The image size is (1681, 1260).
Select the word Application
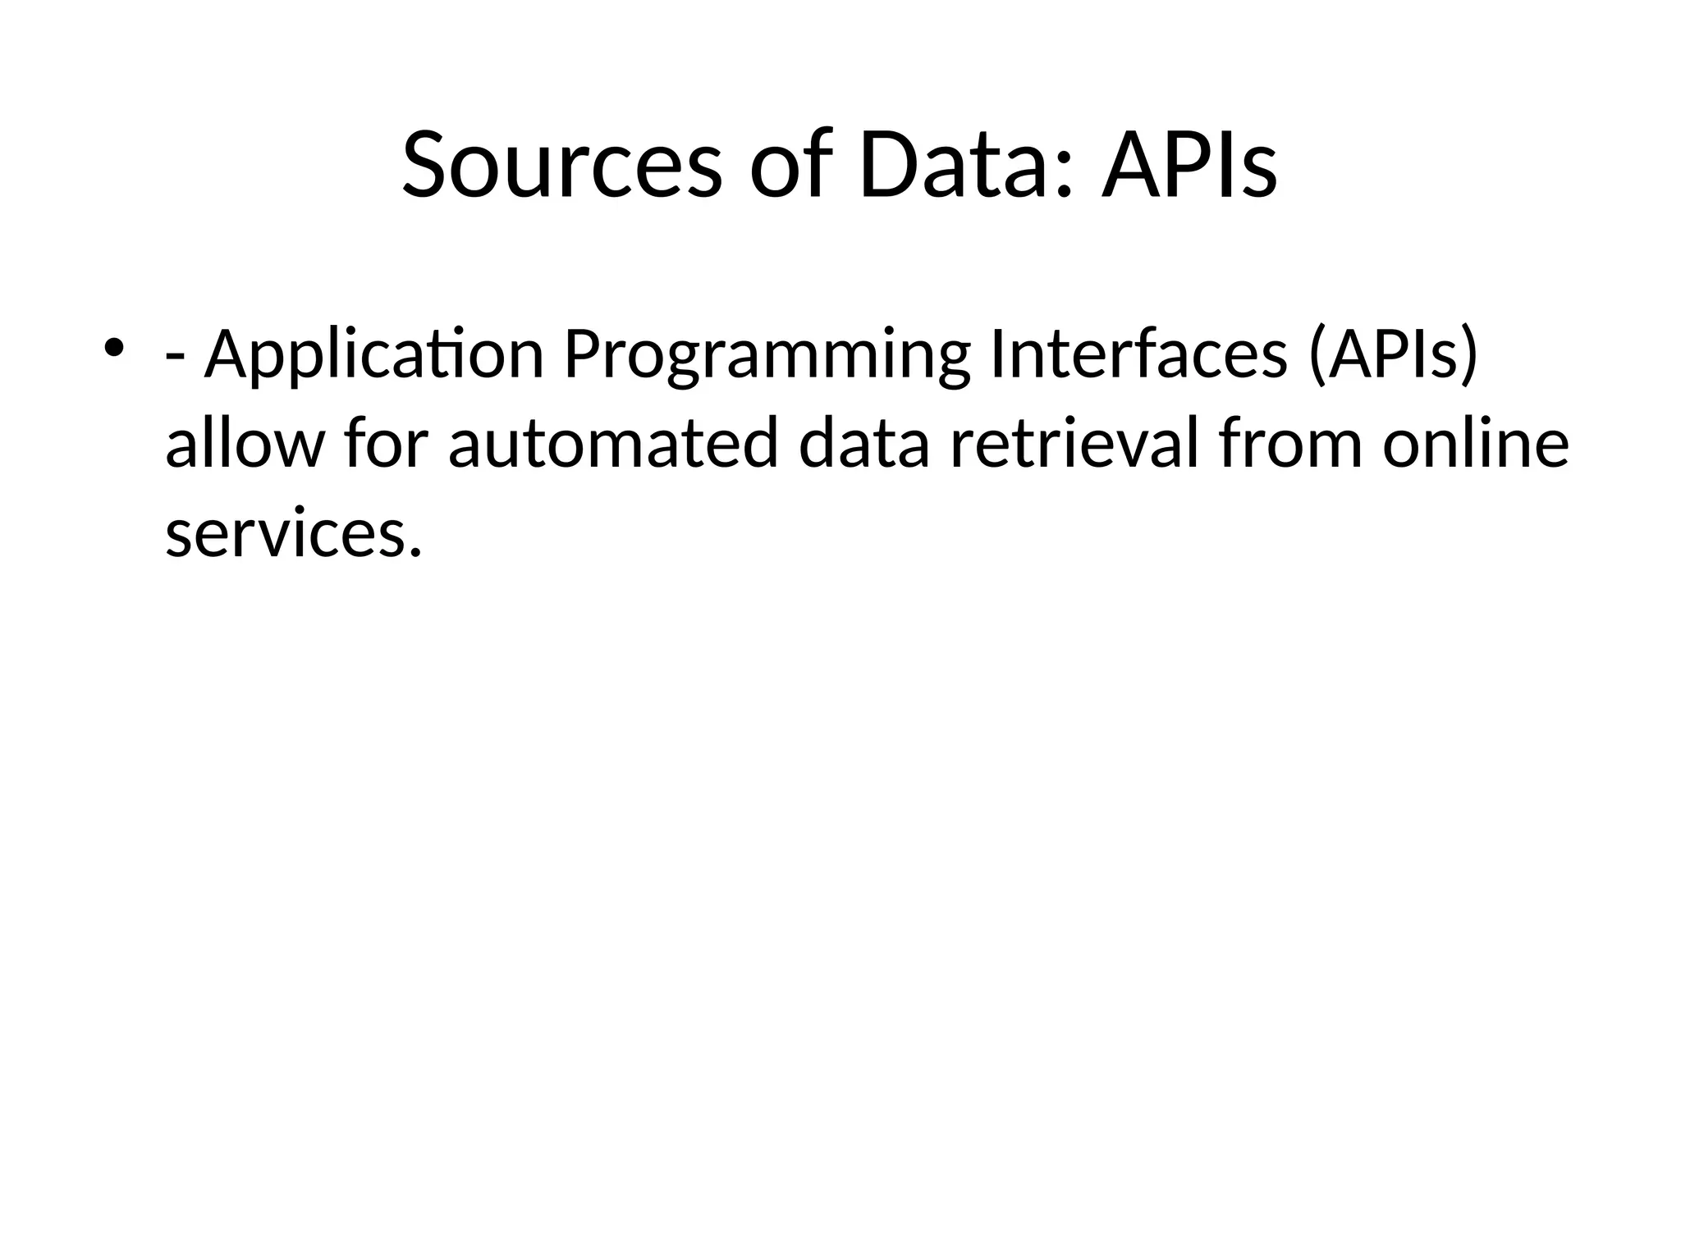374,355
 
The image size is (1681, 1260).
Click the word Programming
767,355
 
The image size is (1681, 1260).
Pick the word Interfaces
1139,354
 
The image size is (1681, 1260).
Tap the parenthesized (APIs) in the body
1393,354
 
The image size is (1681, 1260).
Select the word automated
612,444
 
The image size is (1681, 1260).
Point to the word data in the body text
864,444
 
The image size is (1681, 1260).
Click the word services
284,534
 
